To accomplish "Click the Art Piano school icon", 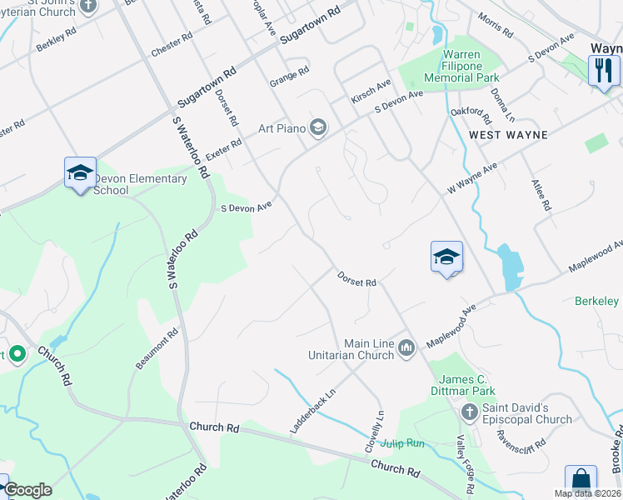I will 317,127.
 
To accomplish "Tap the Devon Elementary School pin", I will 80,172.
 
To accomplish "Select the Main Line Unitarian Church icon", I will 406,347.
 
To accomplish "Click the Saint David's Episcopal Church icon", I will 469,412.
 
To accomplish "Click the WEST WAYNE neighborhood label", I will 508,134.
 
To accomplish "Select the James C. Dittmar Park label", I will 463,385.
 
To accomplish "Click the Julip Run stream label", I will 403,443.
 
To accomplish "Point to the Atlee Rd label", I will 542,193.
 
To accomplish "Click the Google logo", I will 27,490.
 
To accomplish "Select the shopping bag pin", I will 581,481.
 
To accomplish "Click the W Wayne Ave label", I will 471,178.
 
